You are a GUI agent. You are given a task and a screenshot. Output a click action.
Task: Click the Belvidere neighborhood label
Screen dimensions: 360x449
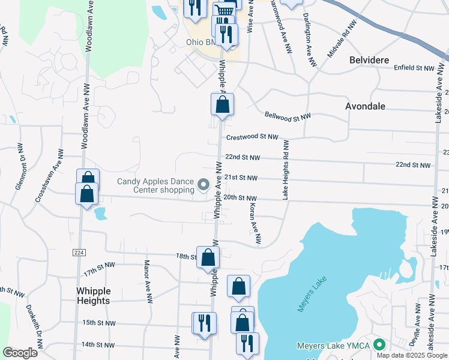click(x=370, y=61)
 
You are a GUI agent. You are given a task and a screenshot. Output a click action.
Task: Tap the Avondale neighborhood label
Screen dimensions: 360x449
click(x=365, y=106)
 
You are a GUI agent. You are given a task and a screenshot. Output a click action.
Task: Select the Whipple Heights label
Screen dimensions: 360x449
click(x=94, y=295)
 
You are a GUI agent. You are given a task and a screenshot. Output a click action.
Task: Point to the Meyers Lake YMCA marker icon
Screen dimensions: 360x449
click(x=379, y=346)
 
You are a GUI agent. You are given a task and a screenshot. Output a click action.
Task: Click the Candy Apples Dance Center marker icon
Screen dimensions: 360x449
click(x=203, y=185)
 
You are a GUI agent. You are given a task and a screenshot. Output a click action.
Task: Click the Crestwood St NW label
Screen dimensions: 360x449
click(x=252, y=137)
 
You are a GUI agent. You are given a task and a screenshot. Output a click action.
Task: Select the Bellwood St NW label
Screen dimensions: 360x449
click(x=288, y=116)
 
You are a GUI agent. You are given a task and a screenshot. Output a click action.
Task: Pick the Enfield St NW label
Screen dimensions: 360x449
click(x=414, y=68)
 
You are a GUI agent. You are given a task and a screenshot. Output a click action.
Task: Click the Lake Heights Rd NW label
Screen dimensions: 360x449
click(x=286, y=170)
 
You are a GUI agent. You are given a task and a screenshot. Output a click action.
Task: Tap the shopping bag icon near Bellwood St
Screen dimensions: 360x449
click(x=222, y=105)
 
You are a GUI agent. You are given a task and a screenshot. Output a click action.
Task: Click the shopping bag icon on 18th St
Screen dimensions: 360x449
click(x=208, y=258)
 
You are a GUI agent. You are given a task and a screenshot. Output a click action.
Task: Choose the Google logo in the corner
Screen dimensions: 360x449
click(x=20, y=353)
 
